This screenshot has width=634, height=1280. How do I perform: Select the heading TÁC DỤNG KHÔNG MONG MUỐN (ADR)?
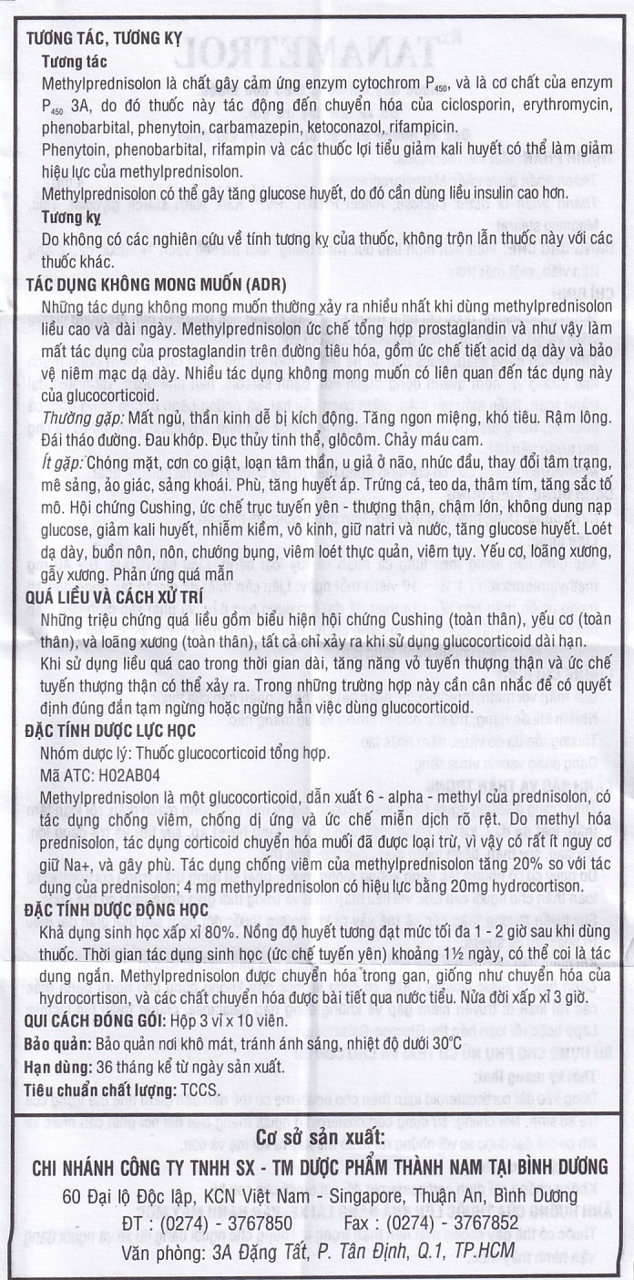point(146,282)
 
